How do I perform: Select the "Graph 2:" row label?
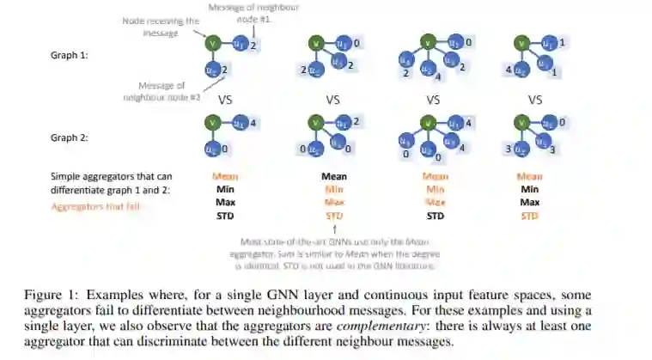pos(70,137)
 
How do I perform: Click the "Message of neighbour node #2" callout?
pos(161,90)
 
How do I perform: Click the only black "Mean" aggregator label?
pos(333,177)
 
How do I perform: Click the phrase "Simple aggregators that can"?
pos(111,177)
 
